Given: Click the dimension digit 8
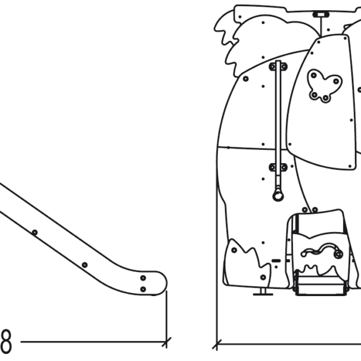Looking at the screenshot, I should (x=5, y=342).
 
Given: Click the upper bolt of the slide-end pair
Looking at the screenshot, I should (x=143, y=278).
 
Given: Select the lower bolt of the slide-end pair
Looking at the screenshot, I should (x=143, y=289).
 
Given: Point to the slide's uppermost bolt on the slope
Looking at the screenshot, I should (x=34, y=232).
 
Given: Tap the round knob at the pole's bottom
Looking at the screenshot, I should (x=277, y=195).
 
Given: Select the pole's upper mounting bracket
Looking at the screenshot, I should (x=278, y=66).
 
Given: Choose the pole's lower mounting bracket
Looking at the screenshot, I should (x=278, y=167).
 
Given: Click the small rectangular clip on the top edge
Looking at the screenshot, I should (x=320, y=12).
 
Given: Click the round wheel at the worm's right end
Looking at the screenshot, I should (x=338, y=255).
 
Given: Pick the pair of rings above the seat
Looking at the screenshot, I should (x=309, y=210).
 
